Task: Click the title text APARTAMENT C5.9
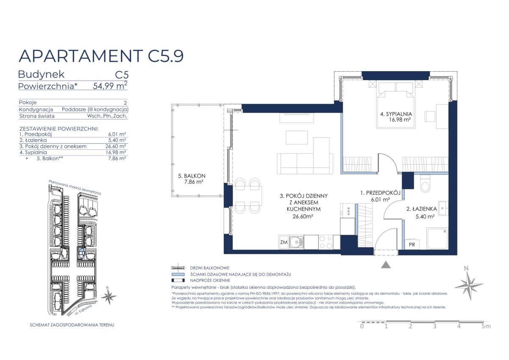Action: click(x=101, y=56)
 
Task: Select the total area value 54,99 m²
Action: click(x=110, y=86)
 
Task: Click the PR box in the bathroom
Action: click(x=412, y=244)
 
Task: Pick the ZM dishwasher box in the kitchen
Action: click(x=284, y=242)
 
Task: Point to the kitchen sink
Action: click(x=296, y=242)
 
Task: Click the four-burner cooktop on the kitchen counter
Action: click(x=326, y=242)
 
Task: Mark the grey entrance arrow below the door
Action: click(x=386, y=265)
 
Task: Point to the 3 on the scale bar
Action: click(x=434, y=326)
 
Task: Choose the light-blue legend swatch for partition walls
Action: click(x=178, y=274)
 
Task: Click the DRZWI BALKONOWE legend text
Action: click(x=210, y=268)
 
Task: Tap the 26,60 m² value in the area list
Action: click(x=116, y=146)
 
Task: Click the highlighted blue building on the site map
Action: click(x=81, y=252)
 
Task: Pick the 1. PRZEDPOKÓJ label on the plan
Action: click(x=380, y=193)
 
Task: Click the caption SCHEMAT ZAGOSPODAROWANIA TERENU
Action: click(x=72, y=325)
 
